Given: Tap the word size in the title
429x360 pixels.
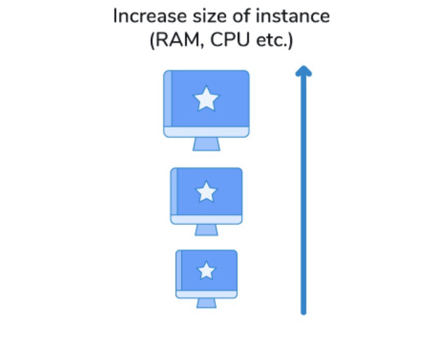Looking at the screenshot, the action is click(210, 16).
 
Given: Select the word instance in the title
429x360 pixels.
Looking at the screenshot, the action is click(293, 16).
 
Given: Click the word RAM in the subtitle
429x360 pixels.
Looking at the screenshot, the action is click(178, 40).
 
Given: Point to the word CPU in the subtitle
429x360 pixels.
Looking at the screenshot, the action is click(230, 40).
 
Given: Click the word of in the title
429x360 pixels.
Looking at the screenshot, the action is click(241, 16).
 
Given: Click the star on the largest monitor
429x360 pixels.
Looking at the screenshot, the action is click(206, 99).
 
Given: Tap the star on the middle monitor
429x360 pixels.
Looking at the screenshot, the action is click(206, 191).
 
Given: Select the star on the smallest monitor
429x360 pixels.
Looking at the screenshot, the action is click(206, 271).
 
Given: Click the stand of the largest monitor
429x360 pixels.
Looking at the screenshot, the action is click(206, 144).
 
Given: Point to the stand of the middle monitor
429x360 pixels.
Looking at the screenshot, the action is click(207, 230).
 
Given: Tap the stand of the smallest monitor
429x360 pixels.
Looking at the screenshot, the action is click(207, 303).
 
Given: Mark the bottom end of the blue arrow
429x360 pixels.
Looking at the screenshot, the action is click(303, 313).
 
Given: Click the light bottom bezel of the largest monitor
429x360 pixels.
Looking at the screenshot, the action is click(206, 132).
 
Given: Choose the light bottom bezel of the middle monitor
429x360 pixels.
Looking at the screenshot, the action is click(206, 219).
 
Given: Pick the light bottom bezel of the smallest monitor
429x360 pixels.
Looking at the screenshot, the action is click(206, 294).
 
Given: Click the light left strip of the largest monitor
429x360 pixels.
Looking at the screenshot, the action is click(167, 99).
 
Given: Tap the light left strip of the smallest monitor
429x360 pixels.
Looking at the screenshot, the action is click(179, 270).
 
